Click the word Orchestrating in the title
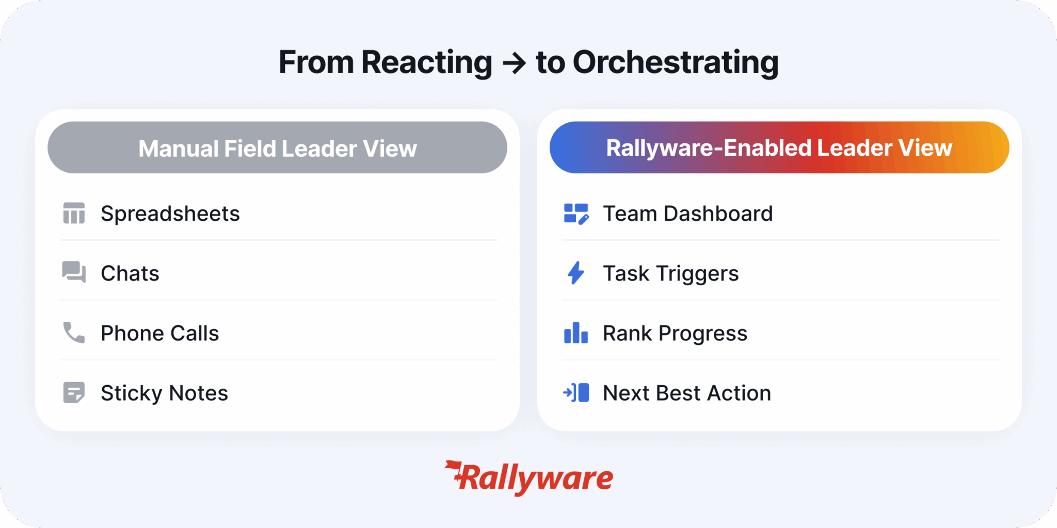(x=675, y=63)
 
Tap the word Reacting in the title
(x=426, y=63)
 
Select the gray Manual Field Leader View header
(x=277, y=148)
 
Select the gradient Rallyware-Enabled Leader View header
(x=779, y=147)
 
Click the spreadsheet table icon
(x=74, y=213)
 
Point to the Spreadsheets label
(x=170, y=213)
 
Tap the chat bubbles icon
(x=74, y=272)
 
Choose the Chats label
(x=130, y=273)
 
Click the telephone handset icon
(x=74, y=333)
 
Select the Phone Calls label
(x=160, y=333)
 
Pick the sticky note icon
(x=74, y=392)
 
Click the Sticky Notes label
(x=164, y=393)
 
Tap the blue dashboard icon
(x=576, y=213)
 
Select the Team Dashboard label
(x=688, y=213)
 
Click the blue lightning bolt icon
(x=576, y=273)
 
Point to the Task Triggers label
(x=671, y=273)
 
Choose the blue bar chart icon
(x=576, y=333)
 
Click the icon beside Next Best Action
(x=576, y=392)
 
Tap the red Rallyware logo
(x=530, y=477)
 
